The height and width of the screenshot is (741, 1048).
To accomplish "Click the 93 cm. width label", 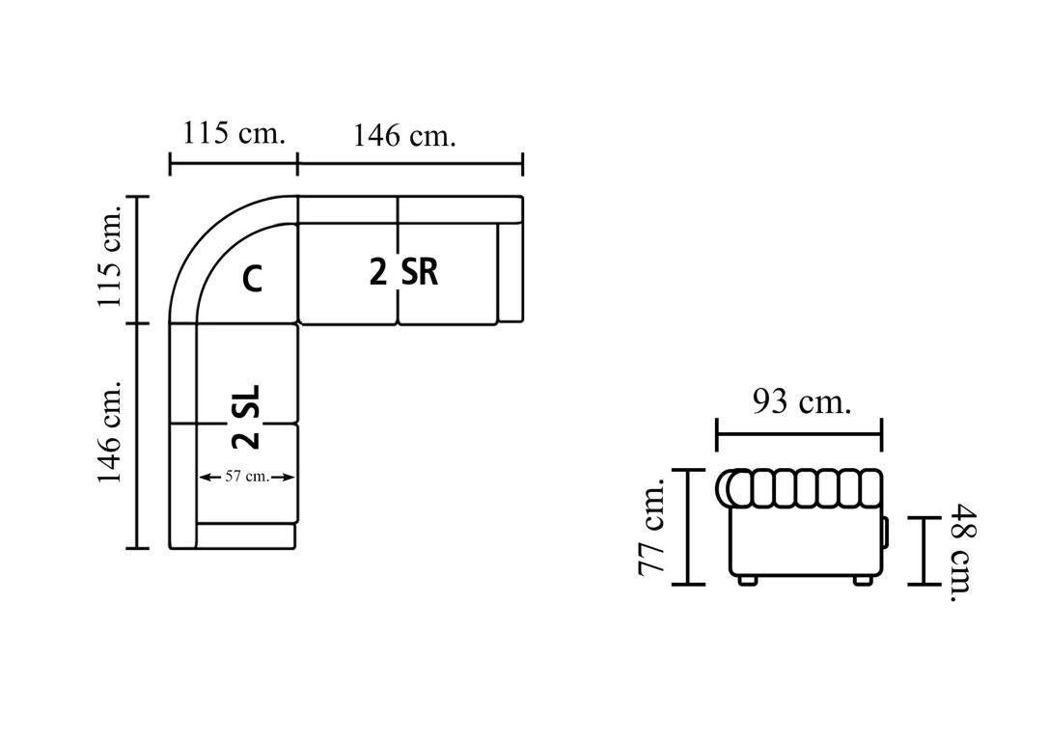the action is (x=802, y=402).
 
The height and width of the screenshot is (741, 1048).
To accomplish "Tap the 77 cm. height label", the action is (x=651, y=527).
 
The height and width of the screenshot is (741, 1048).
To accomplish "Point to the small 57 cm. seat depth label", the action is (x=247, y=477).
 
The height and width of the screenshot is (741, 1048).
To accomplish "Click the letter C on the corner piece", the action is (x=252, y=278).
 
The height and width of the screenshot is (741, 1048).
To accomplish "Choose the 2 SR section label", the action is (x=403, y=273).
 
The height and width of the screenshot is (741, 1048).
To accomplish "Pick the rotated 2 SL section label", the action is (x=246, y=416).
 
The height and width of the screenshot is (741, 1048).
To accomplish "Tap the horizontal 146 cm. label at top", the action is (x=404, y=136).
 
